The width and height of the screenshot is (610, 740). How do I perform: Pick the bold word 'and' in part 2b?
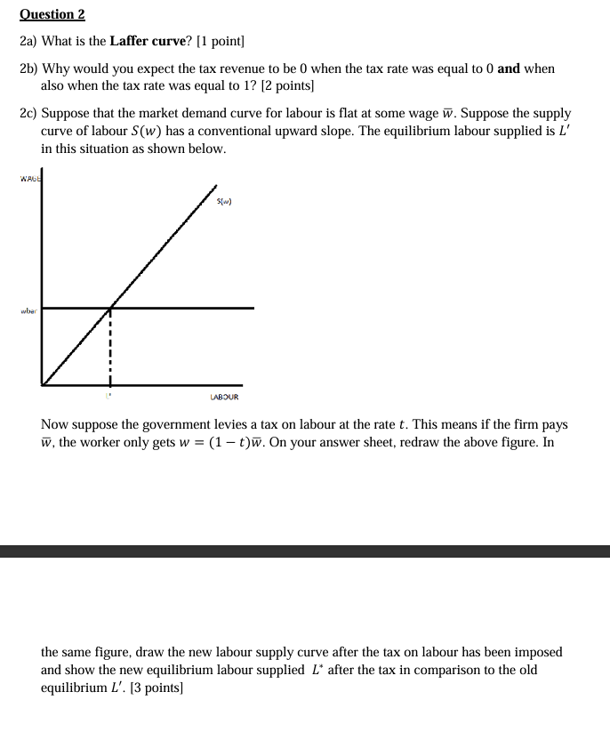point(509,68)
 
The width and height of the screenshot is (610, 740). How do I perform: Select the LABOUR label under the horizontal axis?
point(224,397)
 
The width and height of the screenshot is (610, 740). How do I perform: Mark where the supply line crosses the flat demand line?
point(110,309)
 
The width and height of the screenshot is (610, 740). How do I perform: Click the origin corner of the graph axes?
point(42,385)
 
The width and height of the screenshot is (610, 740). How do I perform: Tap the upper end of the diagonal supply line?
point(215,188)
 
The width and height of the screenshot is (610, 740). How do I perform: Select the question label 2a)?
point(28,42)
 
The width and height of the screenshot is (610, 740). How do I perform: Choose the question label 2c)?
point(28,114)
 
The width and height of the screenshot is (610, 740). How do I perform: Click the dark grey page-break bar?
point(305,551)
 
